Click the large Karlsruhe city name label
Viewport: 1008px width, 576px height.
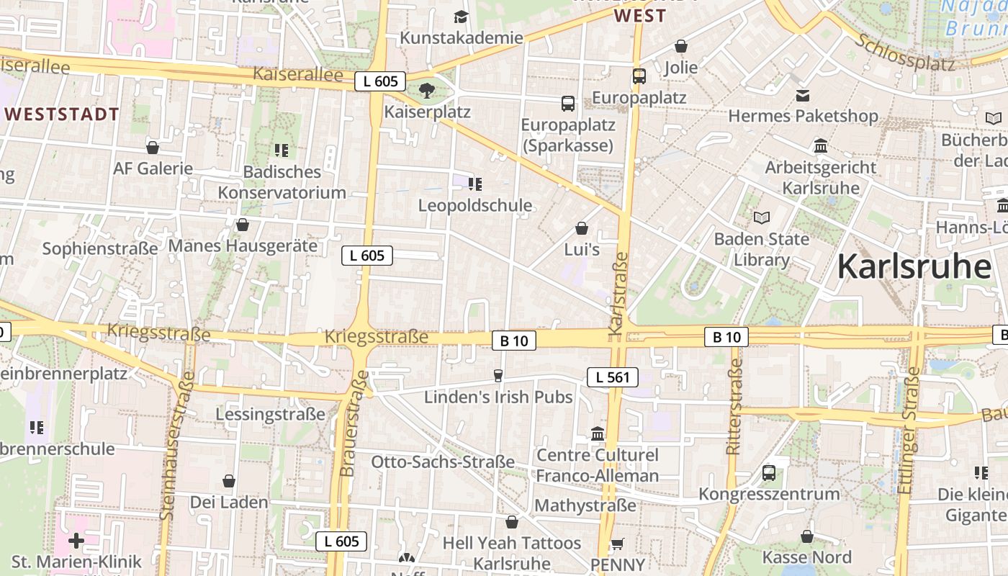(x=914, y=266)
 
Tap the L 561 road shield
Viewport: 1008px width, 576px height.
(x=613, y=377)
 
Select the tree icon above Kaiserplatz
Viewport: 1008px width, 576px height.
(x=427, y=90)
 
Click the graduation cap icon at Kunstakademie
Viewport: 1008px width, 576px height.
(x=461, y=17)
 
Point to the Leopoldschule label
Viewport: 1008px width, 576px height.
(x=475, y=205)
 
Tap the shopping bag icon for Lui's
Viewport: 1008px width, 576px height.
(x=582, y=228)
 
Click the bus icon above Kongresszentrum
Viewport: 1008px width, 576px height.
(x=769, y=473)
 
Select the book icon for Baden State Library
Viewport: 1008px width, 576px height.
(x=762, y=217)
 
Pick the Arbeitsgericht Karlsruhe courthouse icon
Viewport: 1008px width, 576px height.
(x=820, y=146)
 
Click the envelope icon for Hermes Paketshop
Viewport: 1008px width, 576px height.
(x=803, y=95)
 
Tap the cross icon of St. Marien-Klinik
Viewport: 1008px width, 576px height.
(x=76, y=540)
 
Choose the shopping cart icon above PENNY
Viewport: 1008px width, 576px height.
(x=617, y=544)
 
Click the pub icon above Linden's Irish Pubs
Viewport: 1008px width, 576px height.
(x=498, y=375)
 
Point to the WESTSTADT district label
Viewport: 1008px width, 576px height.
(x=62, y=114)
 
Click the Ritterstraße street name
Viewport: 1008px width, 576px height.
(x=734, y=407)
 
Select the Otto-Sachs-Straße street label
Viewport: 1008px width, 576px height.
(x=443, y=462)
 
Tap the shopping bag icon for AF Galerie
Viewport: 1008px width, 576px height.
(x=153, y=148)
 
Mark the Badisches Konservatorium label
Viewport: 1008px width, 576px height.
(x=282, y=182)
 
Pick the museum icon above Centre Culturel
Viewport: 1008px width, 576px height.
(x=598, y=433)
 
